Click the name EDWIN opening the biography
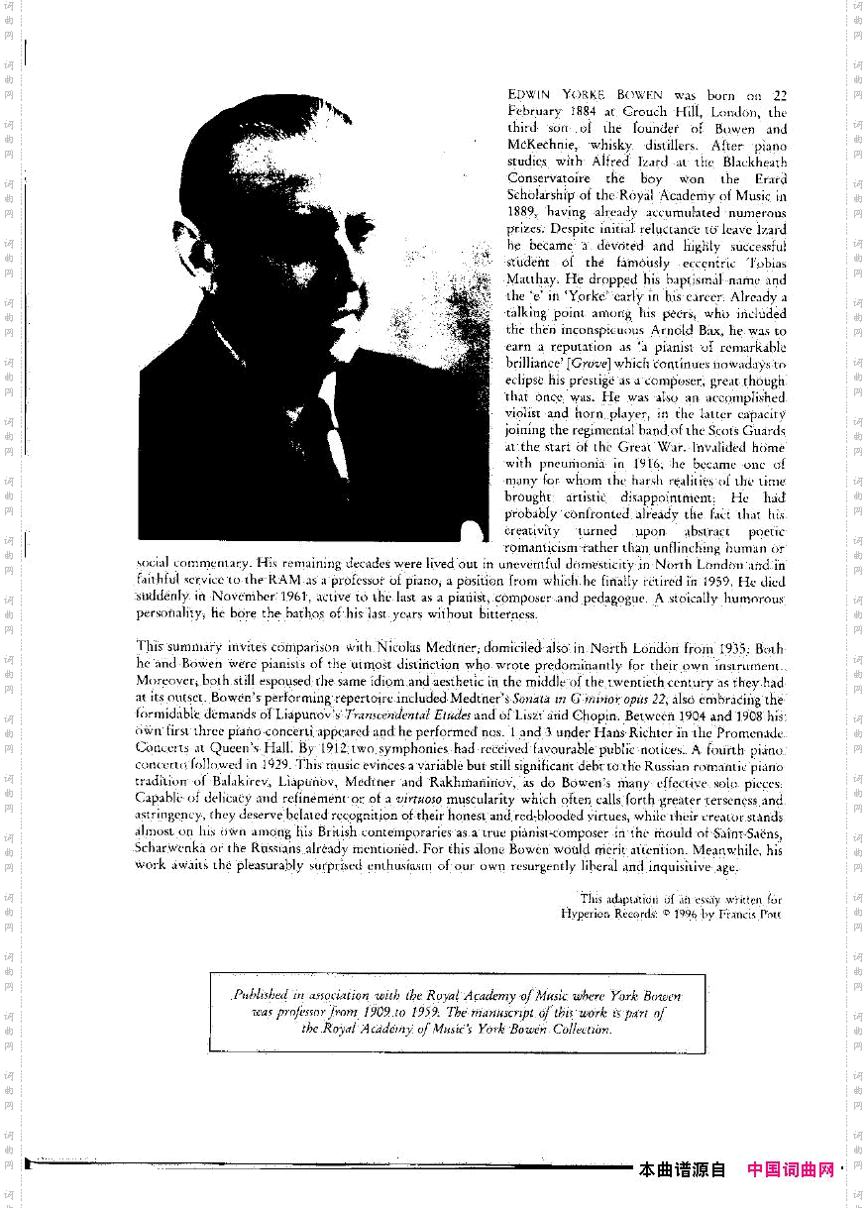tap(528, 96)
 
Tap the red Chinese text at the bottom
tap(791, 1169)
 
